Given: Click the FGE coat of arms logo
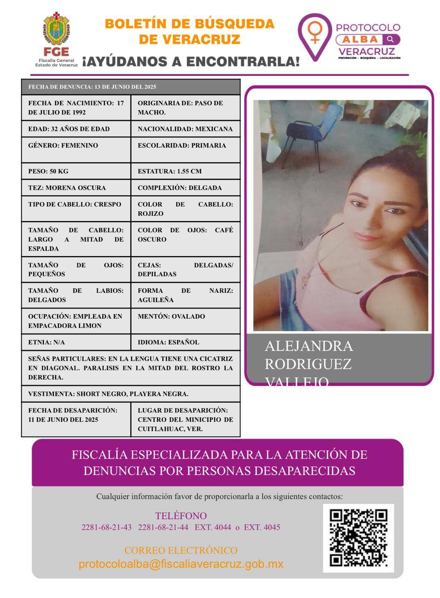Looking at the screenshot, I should (x=56, y=29).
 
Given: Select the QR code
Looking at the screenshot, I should (x=358, y=538).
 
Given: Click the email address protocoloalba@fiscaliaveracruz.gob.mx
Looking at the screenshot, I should (x=181, y=564).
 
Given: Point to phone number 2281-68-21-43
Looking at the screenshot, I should (x=106, y=527).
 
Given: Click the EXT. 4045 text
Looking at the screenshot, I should (x=262, y=527).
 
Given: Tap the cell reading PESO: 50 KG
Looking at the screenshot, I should (x=76, y=171).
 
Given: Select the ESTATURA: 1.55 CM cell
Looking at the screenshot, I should (x=185, y=171).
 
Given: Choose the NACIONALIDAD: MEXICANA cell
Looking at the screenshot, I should (x=185, y=129).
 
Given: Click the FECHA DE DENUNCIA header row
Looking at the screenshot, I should (x=131, y=87).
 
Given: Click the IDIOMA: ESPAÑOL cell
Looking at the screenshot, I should (x=185, y=342).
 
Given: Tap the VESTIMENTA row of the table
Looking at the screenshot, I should (x=131, y=394).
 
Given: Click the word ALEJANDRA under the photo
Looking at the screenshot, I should (x=309, y=346).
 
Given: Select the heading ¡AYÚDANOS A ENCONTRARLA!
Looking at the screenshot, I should (x=191, y=61).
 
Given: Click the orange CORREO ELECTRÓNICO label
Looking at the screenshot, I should (x=181, y=550).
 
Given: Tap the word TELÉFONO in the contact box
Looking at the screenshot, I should (x=181, y=516).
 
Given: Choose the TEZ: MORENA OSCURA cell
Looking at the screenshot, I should (x=76, y=188).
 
